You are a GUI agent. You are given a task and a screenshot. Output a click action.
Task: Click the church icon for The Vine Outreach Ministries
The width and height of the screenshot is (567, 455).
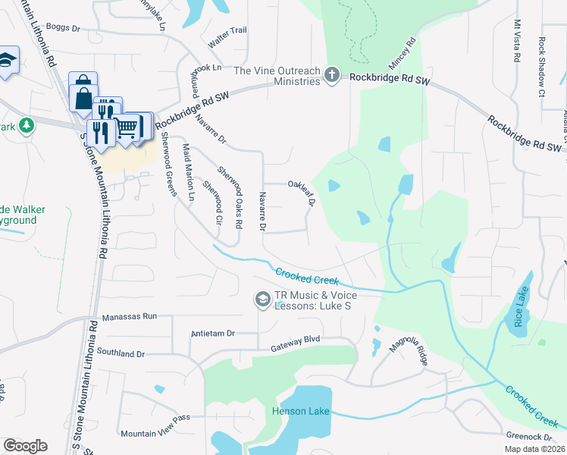click(x=331, y=74)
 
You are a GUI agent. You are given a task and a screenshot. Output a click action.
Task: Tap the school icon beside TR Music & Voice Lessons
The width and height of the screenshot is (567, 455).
click(x=262, y=301)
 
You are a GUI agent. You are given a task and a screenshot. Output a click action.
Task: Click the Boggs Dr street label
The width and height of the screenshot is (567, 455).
click(x=63, y=28)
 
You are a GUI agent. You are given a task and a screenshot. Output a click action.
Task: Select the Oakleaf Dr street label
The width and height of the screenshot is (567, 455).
click(x=301, y=193)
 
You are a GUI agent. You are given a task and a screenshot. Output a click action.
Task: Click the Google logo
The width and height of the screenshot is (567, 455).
click(x=25, y=446)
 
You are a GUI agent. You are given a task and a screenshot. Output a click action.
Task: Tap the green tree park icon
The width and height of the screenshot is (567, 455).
click(x=27, y=124)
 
